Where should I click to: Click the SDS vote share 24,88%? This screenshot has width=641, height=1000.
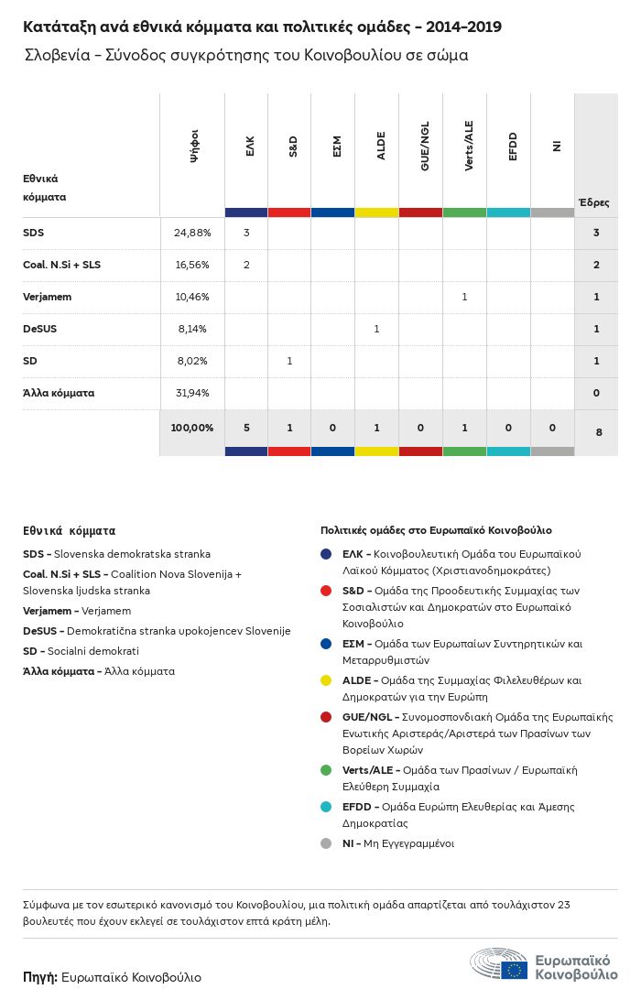(192, 233)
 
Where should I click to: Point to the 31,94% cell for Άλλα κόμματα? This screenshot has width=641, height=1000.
(192, 393)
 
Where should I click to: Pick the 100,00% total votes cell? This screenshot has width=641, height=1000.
(192, 428)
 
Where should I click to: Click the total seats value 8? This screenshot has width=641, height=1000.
(598, 430)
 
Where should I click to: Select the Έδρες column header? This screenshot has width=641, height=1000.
(593, 202)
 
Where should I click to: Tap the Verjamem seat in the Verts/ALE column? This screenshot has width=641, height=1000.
(464, 297)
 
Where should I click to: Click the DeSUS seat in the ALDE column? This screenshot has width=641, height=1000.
(376, 329)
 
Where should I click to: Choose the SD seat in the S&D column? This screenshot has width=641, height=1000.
(289, 361)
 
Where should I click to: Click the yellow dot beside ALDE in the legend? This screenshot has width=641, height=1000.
(326, 680)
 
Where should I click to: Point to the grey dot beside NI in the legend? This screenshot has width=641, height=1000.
(326, 843)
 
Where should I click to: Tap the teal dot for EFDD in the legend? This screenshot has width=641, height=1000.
(326, 807)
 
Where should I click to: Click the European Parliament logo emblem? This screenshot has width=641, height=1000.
(500, 965)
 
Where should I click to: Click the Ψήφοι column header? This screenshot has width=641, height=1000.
(194, 147)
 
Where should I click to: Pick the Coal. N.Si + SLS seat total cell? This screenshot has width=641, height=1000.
(596, 265)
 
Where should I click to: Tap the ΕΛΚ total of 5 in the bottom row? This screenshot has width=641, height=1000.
(246, 428)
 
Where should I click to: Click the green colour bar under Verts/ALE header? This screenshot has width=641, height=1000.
(464, 212)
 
